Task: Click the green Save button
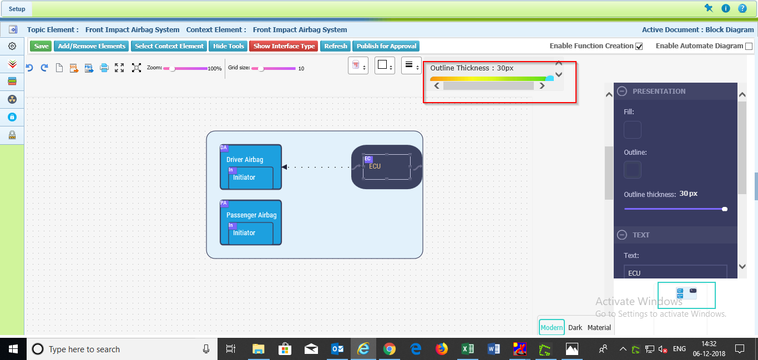coord(41,46)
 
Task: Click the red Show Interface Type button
coord(284,46)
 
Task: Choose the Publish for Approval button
coord(386,46)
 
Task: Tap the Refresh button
coord(335,46)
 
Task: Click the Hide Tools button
coord(229,46)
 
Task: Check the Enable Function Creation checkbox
coord(639,47)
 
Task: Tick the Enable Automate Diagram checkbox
coord(749,47)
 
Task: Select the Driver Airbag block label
coord(245,159)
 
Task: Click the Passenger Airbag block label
coord(251,215)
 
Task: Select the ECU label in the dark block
coord(375,166)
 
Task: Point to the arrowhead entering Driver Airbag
coord(285,167)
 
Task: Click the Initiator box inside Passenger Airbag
coord(251,233)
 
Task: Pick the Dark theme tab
coord(575,327)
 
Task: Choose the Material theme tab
coord(599,327)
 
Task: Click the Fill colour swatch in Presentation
coord(633,130)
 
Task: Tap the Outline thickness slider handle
coord(725,209)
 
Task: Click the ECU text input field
coord(675,272)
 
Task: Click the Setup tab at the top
coord(17,9)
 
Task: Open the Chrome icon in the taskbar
coord(390,349)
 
